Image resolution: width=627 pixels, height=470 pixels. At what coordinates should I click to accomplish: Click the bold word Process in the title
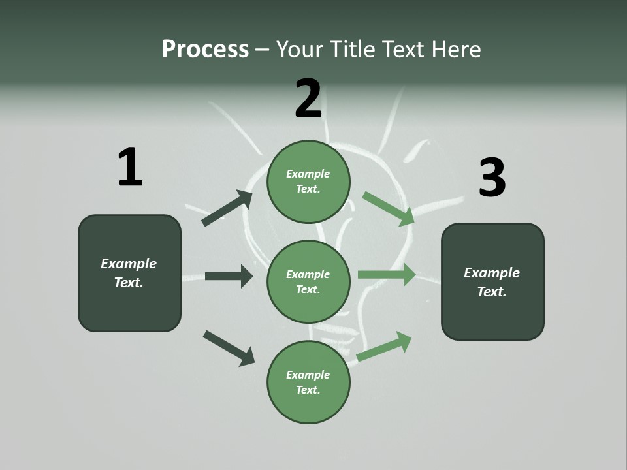[205, 49]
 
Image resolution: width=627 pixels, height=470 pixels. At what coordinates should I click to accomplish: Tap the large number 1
[130, 167]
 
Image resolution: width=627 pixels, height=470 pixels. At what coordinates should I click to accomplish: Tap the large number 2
[308, 98]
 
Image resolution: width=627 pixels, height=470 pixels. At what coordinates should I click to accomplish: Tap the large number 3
[492, 178]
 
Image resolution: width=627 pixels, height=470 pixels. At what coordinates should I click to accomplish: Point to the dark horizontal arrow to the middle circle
[229, 276]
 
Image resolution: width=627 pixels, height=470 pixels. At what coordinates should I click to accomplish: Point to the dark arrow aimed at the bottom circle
[229, 348]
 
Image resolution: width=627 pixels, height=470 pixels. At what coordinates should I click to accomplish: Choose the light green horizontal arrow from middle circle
[387, 275]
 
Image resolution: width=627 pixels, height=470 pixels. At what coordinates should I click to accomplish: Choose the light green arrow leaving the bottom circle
[384, 347]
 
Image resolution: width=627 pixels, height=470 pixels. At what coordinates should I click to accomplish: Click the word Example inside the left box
[129, 264]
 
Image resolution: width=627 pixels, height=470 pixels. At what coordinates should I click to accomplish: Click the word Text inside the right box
[492, 292]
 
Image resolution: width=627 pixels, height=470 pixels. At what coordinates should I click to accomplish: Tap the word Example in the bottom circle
[308, 375]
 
